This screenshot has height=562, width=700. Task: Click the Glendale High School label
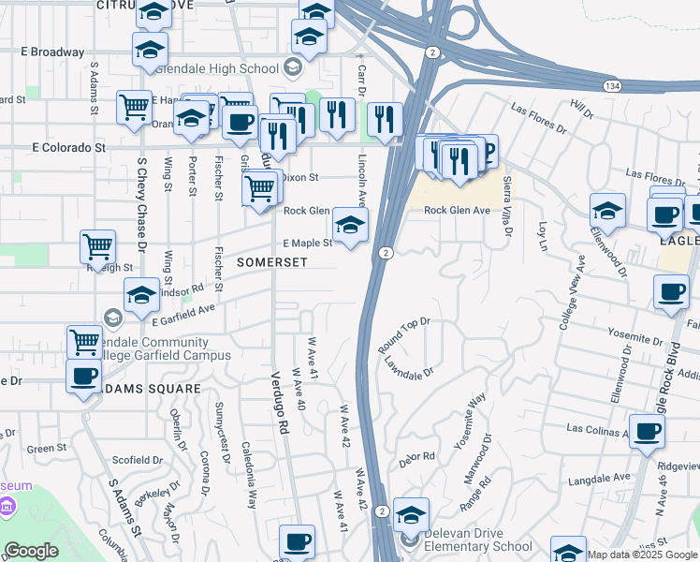point(220,68)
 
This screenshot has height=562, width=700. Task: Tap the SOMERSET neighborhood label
point(271,263)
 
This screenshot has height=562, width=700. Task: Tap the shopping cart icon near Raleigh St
point(97,247)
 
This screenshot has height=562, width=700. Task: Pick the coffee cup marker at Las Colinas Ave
point(648,432)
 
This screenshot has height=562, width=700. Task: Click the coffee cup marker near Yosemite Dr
point(670,292)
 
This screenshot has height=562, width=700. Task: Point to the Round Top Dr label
point(403,335)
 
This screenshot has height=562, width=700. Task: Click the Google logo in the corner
point(31,551)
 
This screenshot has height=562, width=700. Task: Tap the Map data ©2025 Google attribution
point(642,555)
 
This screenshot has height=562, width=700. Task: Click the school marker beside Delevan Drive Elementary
point(411,515)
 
